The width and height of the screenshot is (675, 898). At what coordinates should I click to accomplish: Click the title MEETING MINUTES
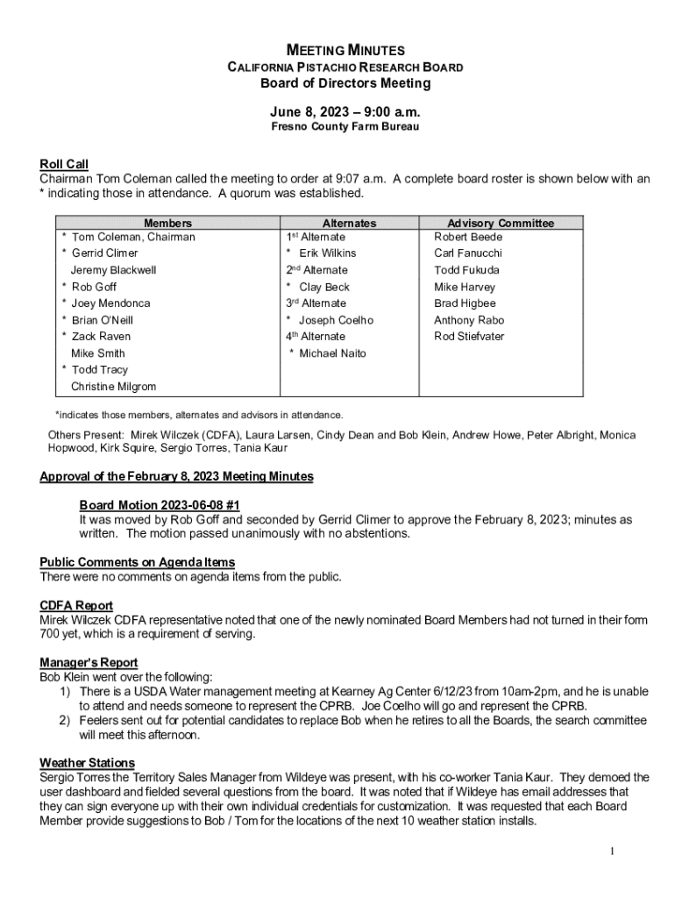point(345,51)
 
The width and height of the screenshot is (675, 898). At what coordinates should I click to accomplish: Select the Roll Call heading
point(64,164)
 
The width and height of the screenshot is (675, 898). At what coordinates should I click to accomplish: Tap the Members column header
point(168,224)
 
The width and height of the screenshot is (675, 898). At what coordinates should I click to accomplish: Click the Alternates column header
point(349,224)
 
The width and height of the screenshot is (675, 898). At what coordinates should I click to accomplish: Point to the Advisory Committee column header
point(501,224)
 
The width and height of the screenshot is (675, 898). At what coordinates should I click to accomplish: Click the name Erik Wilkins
point(327,253)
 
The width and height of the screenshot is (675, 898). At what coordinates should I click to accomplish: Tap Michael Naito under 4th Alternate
point(332,353)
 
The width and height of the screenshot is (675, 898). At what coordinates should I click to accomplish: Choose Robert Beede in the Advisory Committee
point(468,237)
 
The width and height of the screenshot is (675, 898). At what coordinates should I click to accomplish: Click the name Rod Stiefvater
point(469,337)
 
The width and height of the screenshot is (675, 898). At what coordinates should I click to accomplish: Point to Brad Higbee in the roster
point(465,303)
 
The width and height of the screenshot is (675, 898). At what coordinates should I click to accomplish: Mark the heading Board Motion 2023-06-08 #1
point(160,506)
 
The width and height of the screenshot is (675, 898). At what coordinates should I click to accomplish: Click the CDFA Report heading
point(76,606)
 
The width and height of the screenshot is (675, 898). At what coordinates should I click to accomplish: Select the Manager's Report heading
point(89,663)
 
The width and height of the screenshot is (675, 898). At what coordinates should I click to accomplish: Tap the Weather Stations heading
point(87,763)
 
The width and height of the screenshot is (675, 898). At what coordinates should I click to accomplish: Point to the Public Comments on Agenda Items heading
point(137,562)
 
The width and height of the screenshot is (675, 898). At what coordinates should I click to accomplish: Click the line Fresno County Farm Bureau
point(345,127)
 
